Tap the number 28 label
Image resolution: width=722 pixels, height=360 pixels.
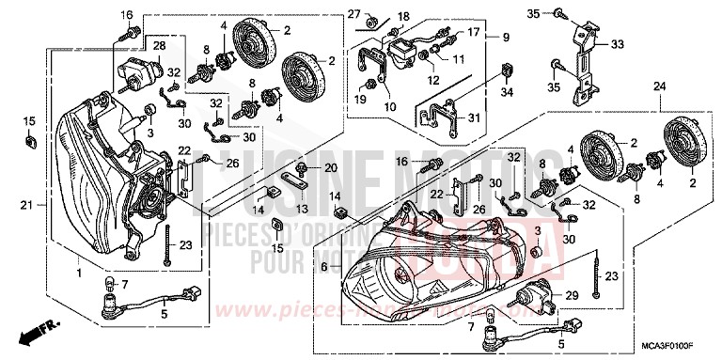[x=159, y=45]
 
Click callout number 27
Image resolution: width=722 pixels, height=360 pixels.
[x=353, y=12]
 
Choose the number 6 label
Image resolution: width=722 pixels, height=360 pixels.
[x=324, y=268]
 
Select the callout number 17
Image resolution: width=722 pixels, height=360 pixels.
[x=473, y=31]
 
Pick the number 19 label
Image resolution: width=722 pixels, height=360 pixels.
[x=358, y=99]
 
